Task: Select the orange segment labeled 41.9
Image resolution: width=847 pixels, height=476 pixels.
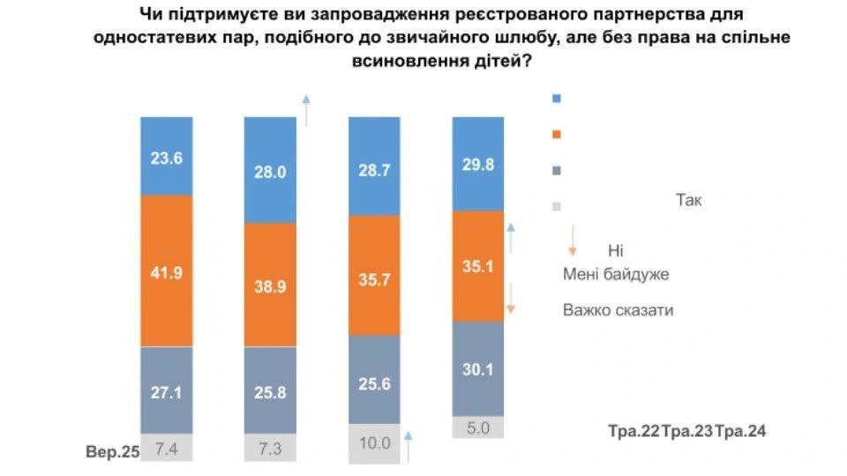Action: coord(166,271)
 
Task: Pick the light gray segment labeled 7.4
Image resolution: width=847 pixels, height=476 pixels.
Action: coord(166,449)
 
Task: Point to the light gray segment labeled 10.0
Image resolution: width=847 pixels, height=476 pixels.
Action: coord(373,444)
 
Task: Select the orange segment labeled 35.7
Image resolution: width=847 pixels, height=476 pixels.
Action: coord(373,276)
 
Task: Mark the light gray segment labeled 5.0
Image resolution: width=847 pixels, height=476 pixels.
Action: coord(477,428)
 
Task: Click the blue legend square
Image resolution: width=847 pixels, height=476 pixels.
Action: coord(556,99)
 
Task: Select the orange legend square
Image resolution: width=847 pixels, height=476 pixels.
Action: coord(556,135)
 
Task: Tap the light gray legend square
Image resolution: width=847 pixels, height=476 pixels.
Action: coord(556,207)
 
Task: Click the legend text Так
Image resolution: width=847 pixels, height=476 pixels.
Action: coord(688,200)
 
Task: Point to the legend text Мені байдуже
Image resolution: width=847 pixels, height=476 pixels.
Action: coord(616,274)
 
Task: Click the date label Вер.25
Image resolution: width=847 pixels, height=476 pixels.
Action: coord(113,454)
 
